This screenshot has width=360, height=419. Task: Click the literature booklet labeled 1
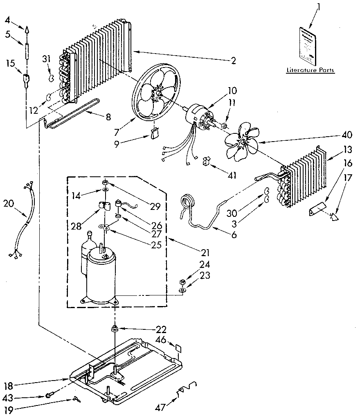click(307, 46)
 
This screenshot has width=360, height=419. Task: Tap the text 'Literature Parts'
click(310, 70)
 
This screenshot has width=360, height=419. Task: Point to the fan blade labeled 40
click(242, 143)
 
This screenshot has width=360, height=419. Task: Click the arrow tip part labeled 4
click(27, 30)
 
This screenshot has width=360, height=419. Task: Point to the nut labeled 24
click(183, 282)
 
